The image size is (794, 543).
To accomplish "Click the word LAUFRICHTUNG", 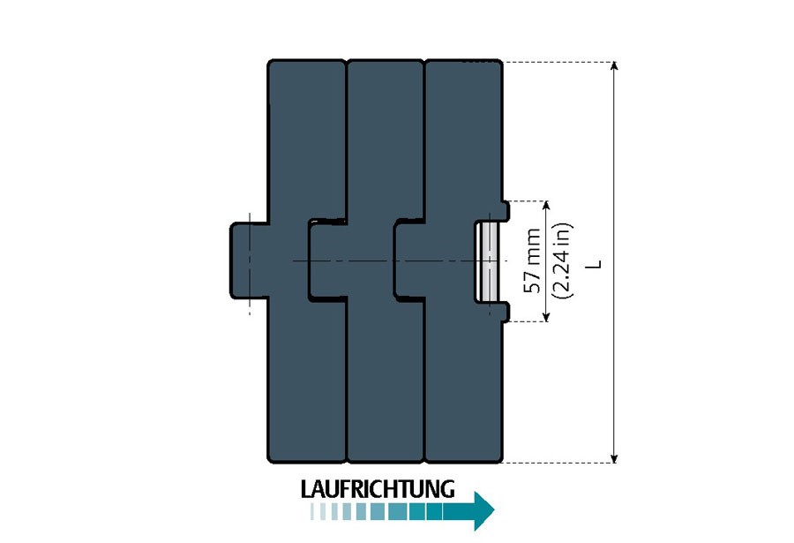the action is click(378, 489).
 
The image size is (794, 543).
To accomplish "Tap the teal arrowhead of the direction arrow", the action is click(484, 510).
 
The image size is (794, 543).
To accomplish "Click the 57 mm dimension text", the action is click(532, 260).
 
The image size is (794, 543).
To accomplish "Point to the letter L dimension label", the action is click(596, 264).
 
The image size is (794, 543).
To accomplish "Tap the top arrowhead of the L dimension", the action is click(614, 65).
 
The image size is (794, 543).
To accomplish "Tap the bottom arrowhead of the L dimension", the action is click(614, 459).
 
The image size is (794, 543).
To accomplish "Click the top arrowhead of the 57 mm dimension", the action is click(546, 206).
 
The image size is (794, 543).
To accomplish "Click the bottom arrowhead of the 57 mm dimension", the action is click(546, 317).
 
